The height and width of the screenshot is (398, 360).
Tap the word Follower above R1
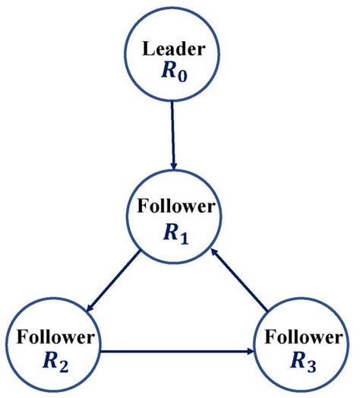coord(175,207)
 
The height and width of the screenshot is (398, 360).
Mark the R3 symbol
coord(302,360)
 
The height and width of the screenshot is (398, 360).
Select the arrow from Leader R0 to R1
coord(173,137)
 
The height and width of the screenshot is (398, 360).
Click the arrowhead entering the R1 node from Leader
coord(174,168)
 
